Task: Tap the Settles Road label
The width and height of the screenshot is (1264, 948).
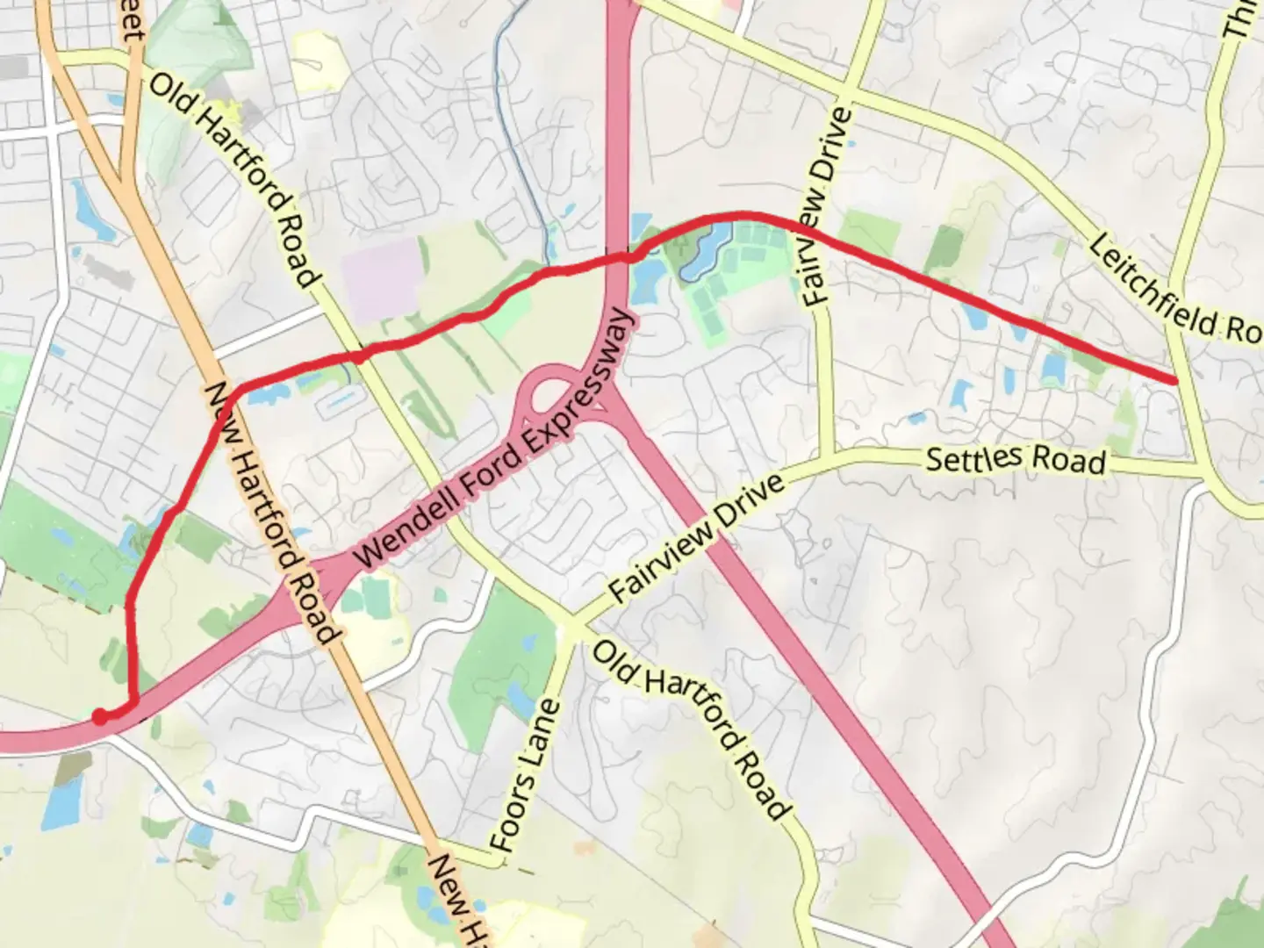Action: click(x=1016, y=459)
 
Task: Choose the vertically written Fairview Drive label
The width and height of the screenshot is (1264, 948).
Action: click(x=829, y=206)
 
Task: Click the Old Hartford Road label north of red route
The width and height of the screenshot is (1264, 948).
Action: click(x=233, y=180)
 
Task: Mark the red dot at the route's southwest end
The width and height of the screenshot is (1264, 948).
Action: click(x=101, y=717)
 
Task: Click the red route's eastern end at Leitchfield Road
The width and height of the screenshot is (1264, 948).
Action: click(x=1174, y=379)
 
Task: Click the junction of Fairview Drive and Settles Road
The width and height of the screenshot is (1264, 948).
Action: click(x=825, y=458)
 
